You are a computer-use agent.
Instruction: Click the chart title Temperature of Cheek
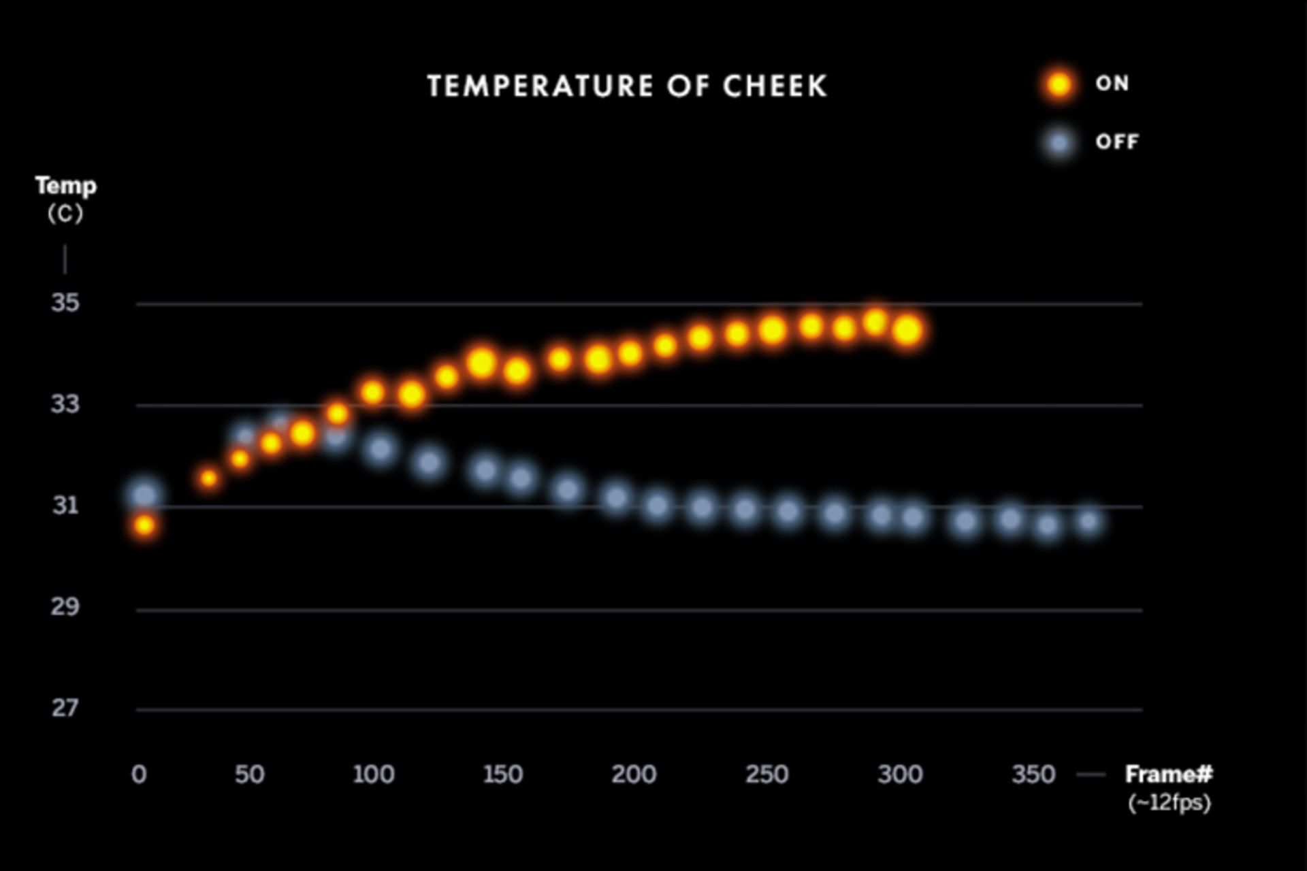click(x=627, y=86)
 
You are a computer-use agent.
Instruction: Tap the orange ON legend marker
click(x=1059, y=84)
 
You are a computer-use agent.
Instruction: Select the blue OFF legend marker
click(x=1059, y=143)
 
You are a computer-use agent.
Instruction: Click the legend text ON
click(x=1112, y=84)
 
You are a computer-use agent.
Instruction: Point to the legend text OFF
click(x=1116, y=142)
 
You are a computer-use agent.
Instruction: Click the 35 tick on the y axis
click(x=65, y=303)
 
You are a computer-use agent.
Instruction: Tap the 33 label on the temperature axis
click(x=65, y=404)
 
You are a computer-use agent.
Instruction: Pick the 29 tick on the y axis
click(x=65, y=606)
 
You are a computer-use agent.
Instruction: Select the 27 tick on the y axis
click(x=65, y=708)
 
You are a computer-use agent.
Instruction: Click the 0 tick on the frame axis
click(x=139, y=774)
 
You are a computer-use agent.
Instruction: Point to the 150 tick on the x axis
click(x=502, y=774)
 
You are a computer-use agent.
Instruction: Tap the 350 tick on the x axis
click(x=1033, y=774)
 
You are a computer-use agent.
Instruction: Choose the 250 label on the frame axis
click(x=767, y=774)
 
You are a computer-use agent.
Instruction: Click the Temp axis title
click(x=65, y=186)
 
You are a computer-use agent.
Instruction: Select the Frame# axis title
click(x=1168, y=774)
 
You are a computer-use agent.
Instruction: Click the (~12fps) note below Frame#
click(x=1169, y=803)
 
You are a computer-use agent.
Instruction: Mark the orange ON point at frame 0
click(x=144, y=525)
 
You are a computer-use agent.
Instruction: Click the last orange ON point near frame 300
click(x=908, y=331)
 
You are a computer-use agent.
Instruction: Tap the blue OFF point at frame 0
click(x=144, y=495)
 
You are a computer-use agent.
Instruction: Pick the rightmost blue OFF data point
click(x=1089, y=522)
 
